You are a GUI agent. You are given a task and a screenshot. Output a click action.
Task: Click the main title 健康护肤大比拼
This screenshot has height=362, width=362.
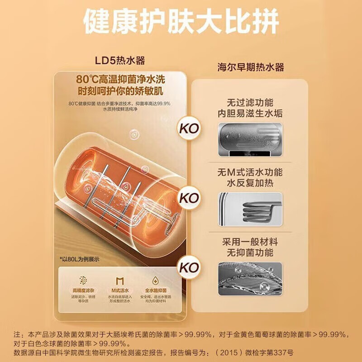pos(181,20)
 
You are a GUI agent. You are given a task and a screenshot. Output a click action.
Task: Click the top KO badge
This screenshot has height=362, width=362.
pos(189,128)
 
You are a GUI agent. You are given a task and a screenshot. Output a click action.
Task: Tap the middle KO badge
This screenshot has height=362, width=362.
pos(189,198)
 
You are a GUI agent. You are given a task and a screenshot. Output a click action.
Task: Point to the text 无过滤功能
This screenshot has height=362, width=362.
pos(250,102)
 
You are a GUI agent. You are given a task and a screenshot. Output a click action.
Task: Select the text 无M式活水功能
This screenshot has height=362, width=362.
pos(250,172)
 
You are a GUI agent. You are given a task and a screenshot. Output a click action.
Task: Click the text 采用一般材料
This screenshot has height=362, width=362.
pos(250,242)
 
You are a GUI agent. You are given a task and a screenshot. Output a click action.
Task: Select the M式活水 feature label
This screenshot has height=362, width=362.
pos(119,290)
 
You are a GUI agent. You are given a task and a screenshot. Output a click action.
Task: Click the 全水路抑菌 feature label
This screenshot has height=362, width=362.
pos(156,290)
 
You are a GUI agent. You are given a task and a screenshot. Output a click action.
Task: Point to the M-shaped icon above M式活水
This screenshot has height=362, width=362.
pos(119,280)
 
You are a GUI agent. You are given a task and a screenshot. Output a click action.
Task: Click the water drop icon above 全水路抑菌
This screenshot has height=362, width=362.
pos(156,280)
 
